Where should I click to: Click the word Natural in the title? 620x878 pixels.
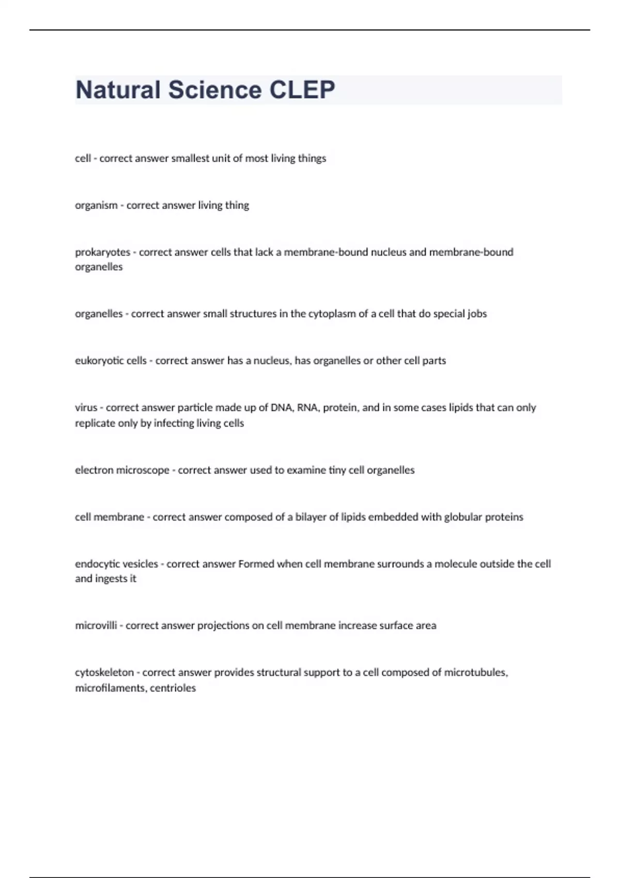pos(118,90)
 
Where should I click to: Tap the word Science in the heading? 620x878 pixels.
pos(215,90)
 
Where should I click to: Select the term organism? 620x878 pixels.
pos(96,206)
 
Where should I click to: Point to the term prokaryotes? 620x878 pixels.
pos(102,253)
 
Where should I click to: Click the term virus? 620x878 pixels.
pos(86,407)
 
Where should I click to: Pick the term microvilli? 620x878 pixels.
pos(96,625)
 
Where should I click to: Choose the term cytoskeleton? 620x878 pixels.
pos(104,672)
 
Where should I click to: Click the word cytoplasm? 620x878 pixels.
pos(333,314)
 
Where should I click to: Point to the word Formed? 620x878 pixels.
pos(256,564)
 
